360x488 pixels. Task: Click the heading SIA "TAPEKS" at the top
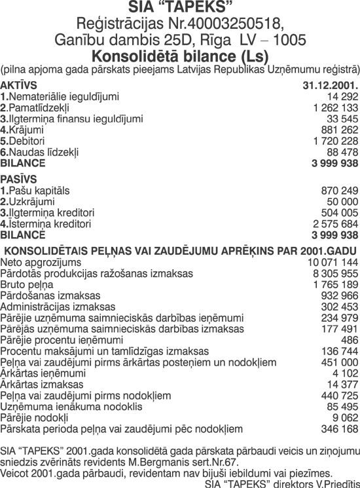(180, 9)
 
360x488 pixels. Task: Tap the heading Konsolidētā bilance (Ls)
(180, 54)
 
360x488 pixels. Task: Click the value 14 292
(342, 96)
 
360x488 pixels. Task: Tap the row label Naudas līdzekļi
(43, 152)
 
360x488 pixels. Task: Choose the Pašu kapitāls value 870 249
(339, 190)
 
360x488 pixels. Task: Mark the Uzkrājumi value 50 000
(342, 201)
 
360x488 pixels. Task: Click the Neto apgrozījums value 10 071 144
(333, 262)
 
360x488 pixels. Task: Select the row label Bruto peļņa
(27, 285)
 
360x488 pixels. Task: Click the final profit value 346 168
(339, 429)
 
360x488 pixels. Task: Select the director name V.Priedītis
(332, 483)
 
